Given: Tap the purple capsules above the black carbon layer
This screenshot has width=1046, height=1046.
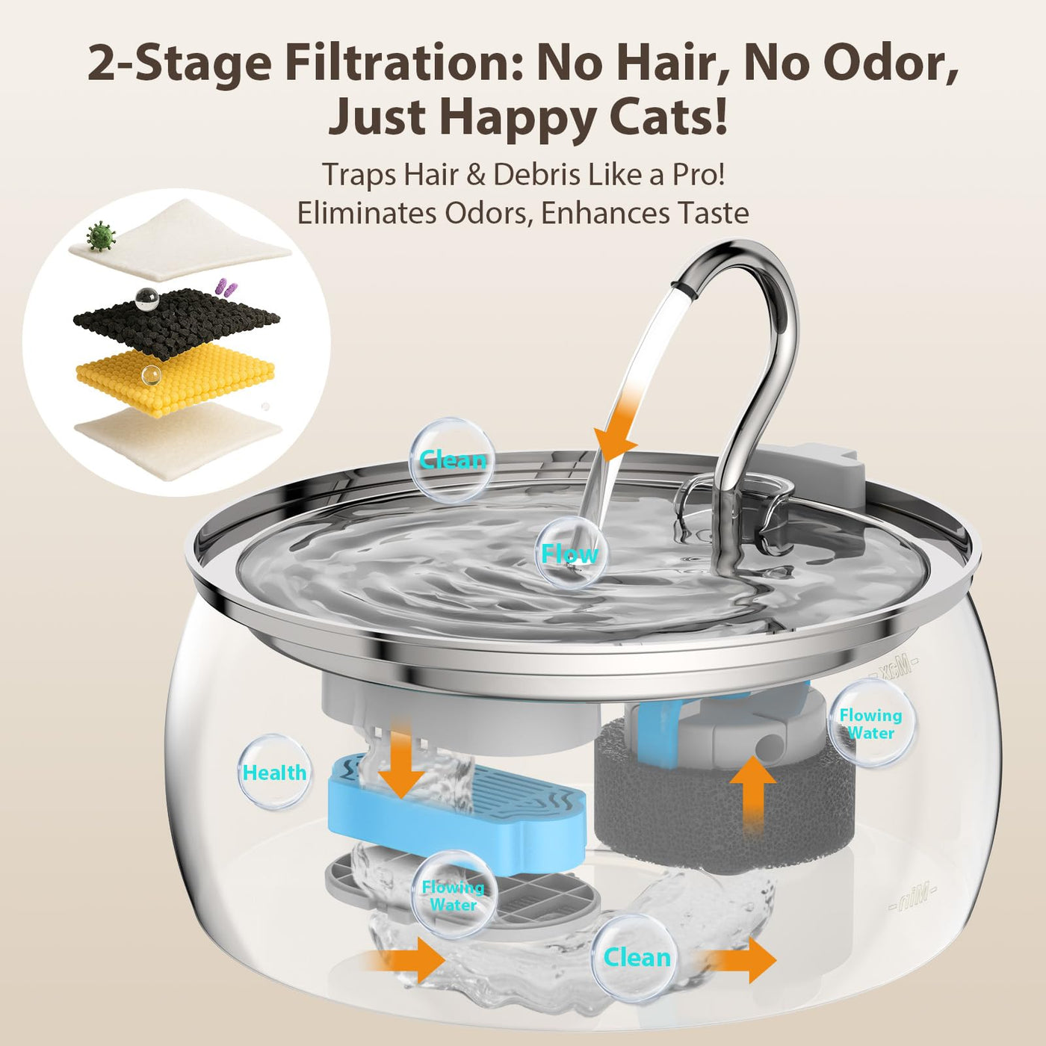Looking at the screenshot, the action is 223,286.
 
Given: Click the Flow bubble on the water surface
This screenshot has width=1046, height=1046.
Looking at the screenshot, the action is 570,553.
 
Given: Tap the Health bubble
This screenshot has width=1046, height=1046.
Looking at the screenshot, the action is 275,772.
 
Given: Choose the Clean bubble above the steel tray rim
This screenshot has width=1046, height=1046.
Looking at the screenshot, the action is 451,459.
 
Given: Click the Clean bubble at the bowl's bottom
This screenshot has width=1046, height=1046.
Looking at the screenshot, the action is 636,958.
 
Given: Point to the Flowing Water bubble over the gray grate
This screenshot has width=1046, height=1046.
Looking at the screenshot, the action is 454,896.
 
